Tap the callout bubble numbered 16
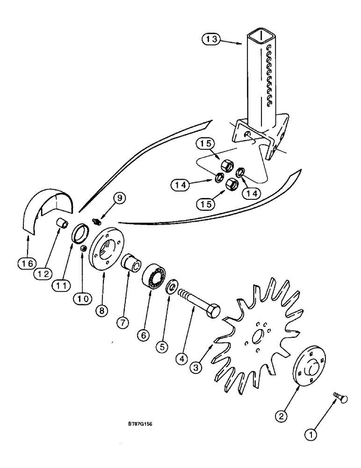[27, 264]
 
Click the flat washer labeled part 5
[172, 285]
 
